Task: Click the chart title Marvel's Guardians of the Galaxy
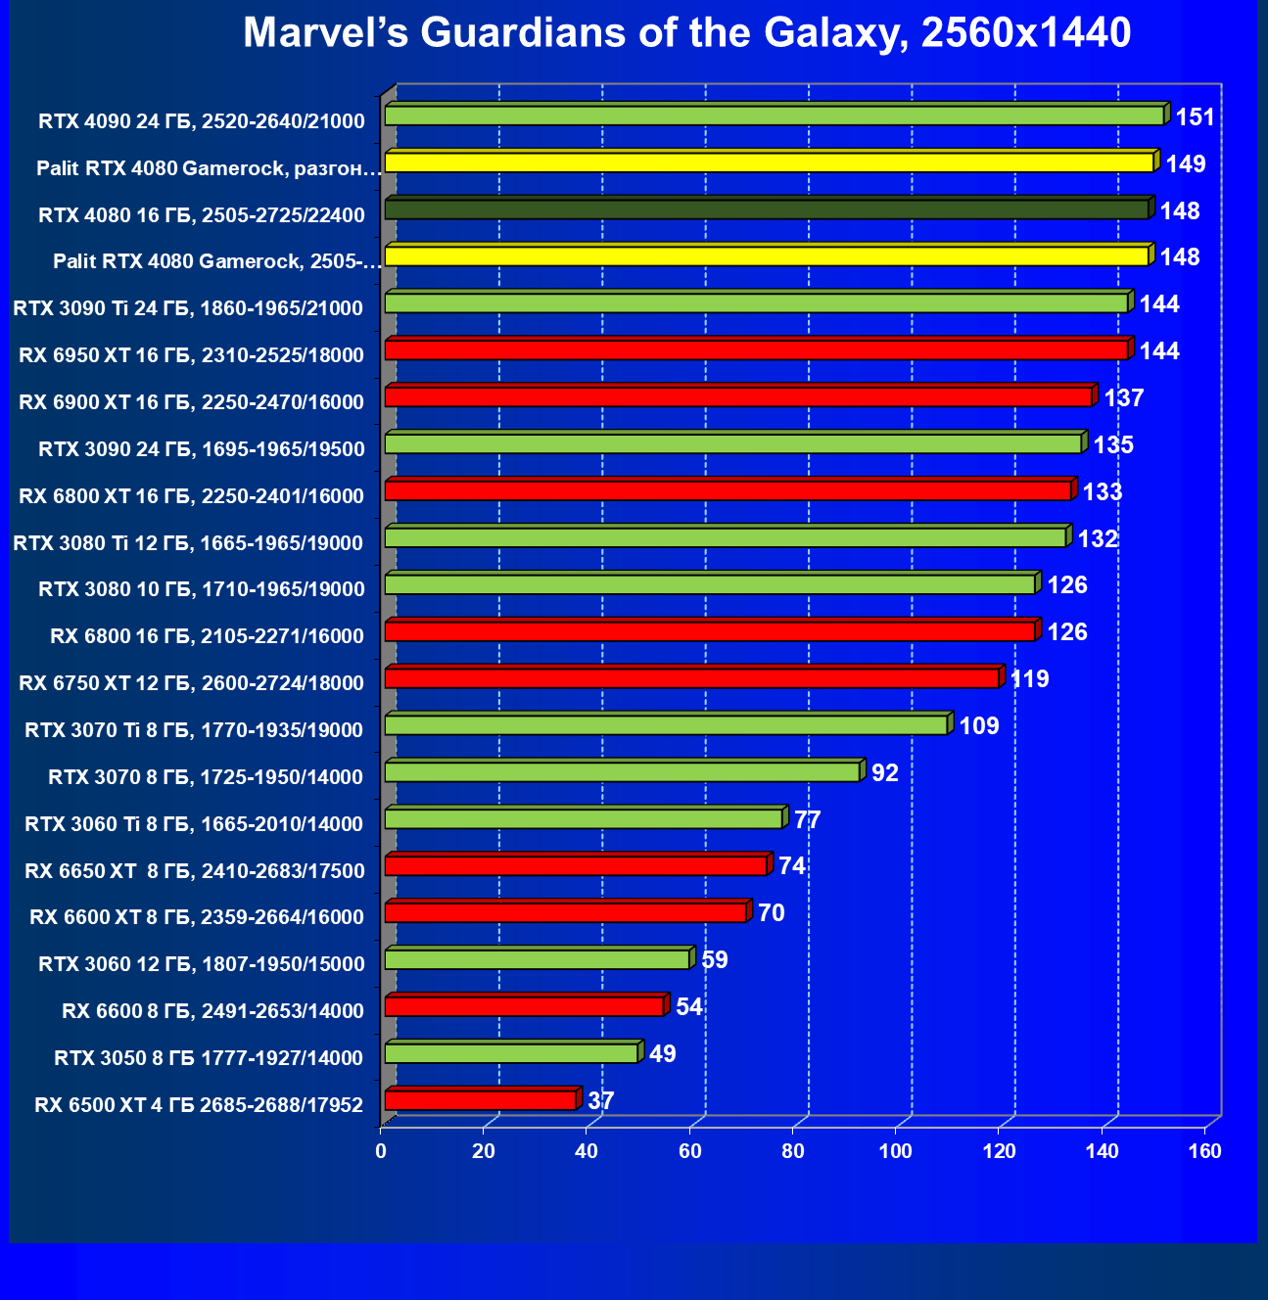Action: pos(686,33)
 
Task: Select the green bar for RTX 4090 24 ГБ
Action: pos(774,116)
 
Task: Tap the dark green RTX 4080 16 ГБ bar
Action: pos(766,209)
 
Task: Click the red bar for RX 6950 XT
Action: pos(756,349)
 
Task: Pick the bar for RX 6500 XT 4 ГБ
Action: pos(480,1100)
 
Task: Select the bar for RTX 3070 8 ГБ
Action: pos(622,772)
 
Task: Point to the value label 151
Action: pos(1195,118)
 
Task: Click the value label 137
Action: pos(1123,398)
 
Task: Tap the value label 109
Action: pos(978,726)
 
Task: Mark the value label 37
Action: pos(601,1101)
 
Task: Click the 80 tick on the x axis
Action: pos(793,1152)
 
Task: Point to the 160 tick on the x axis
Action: pos(1204,1152)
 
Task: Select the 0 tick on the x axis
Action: pos(381,1152)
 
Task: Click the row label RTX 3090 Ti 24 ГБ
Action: pos(188,308)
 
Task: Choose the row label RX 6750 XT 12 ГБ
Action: pos(191,683)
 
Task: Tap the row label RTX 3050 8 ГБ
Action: pos(209,1058)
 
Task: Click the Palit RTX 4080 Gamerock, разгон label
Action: pos(208,168)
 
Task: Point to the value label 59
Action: pos(715,960)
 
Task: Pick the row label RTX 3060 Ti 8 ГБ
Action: pos(194,824)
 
